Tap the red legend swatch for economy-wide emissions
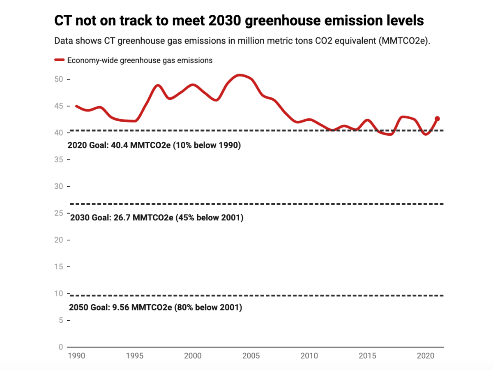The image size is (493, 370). pos(60,60)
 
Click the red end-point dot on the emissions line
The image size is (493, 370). pos(437,119)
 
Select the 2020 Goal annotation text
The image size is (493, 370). pos(154,146)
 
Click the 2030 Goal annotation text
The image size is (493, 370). pos(157,218)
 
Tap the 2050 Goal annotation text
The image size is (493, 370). pos(155,308)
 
